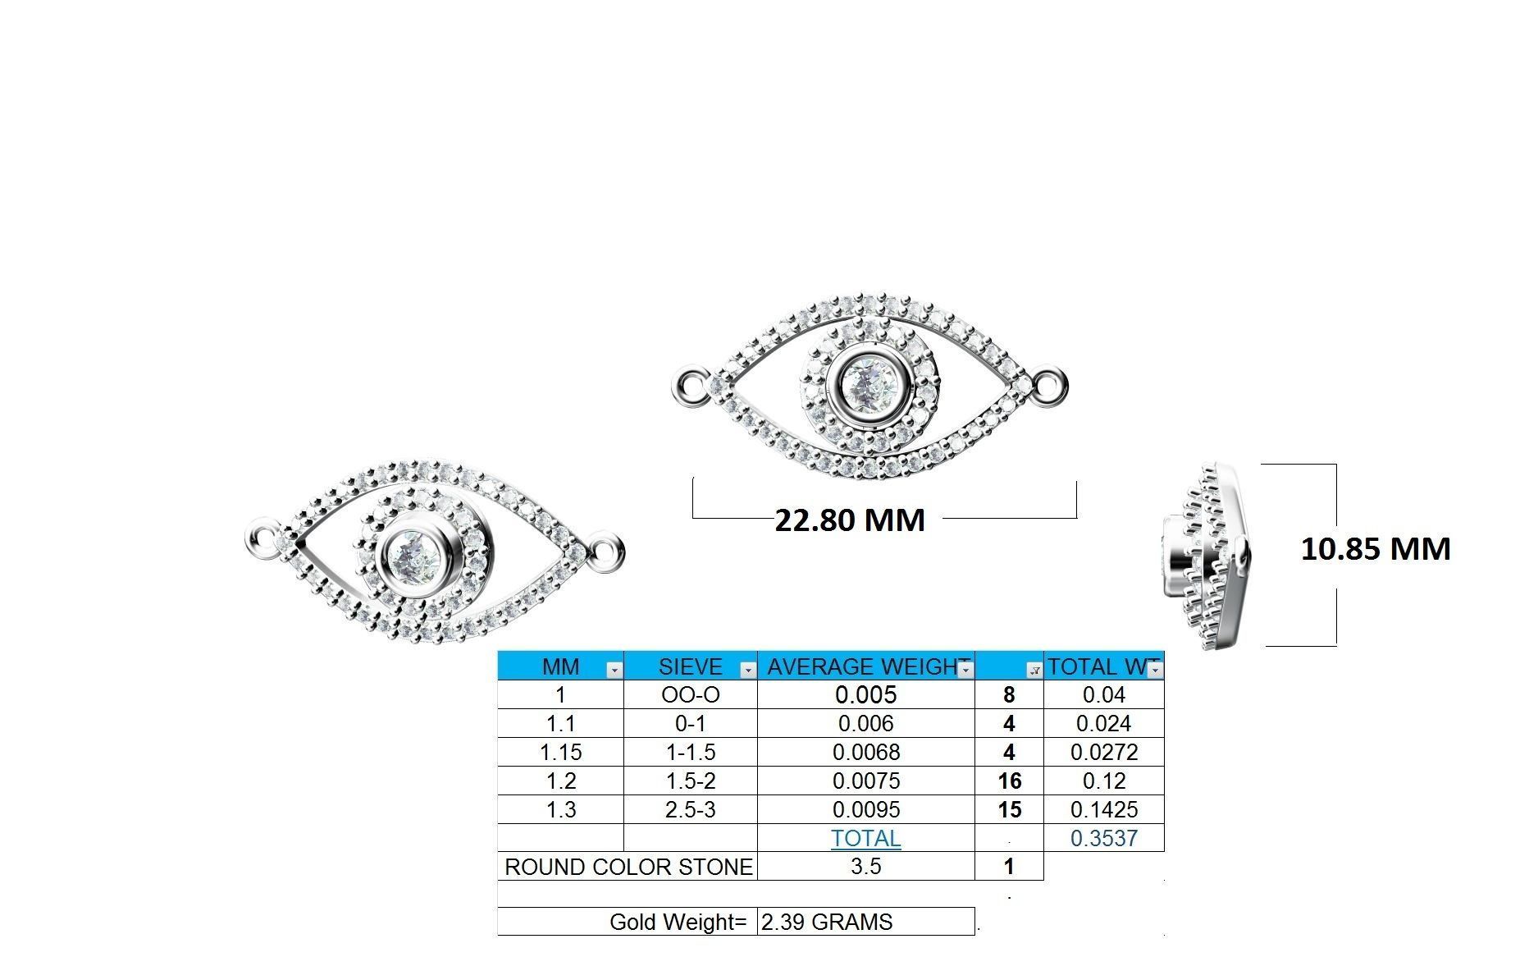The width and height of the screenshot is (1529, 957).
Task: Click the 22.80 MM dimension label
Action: (x=850, y=520)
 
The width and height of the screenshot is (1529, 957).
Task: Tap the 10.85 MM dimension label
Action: (x=1376, y=548)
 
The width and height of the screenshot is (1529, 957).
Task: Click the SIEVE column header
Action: (x=690, y=666)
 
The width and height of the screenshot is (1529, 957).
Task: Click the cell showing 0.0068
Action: (x=865, y=753)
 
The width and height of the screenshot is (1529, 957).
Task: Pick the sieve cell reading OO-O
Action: (x=690, y=695)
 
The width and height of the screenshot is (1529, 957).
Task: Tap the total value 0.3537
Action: (x=1103, y=839)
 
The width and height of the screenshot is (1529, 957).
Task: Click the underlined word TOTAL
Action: (x=865, y=839)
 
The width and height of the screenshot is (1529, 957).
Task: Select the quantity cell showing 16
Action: (x=1009, y=781)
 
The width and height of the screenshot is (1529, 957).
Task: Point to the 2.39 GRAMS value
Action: (x=827, y=923)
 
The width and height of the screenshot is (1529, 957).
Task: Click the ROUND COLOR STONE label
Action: (x=628, y=868)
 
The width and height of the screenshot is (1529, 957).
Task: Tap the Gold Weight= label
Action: (x=678, y=923)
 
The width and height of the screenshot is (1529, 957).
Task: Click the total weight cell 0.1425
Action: (x=1103, y=810)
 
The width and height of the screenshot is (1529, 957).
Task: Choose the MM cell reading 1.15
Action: (x=560, y=753)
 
